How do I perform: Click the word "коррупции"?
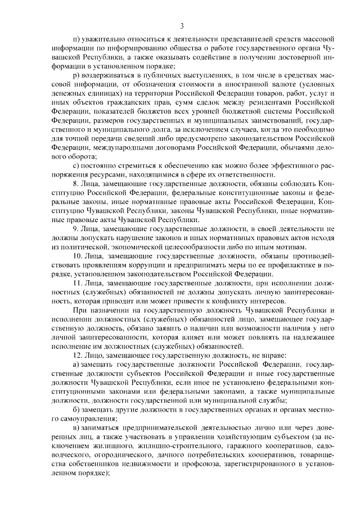point(145,264)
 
